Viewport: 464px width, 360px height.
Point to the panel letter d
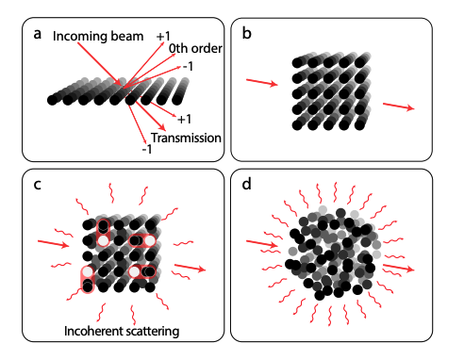pos(247,184)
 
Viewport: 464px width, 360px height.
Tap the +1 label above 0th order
pos(164,35)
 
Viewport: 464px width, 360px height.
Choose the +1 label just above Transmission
pos(185,120)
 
